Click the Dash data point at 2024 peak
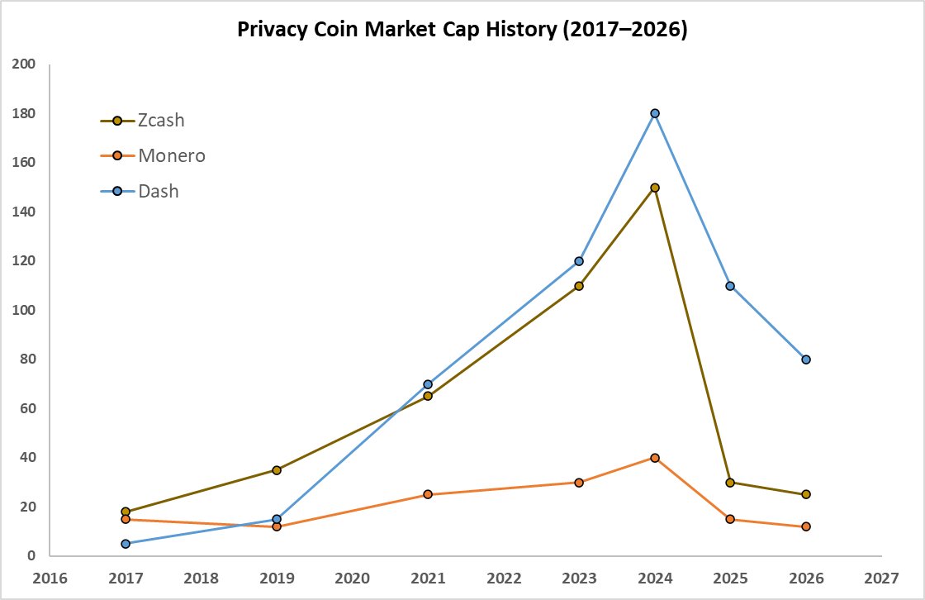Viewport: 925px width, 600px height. [x=655, y=113]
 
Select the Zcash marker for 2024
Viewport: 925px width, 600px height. [x=655, y=188]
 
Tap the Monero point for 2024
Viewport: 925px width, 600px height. [x=655, y=457]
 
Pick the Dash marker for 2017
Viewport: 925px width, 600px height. [x=126, y=544]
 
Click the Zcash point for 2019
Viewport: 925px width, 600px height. [x=277, y=470]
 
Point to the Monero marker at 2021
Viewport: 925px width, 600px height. [x=428, y=494]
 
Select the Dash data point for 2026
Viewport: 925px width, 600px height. [x=806, y=360]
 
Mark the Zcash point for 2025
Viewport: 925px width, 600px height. [x=730, y=483]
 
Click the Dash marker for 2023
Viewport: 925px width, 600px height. [x=579, y=261]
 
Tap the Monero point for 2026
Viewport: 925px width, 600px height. [x=806, y=526]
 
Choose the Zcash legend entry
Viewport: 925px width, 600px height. [x=143, y=121]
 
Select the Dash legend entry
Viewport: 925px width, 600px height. [x=140, y=191]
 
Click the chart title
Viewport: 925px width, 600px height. [x=462, y=30]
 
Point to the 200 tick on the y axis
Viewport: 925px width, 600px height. [x=26, y=64]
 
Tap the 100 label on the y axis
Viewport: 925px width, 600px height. [x=26, y=310]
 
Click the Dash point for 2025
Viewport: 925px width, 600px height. [x=730, y=286]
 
